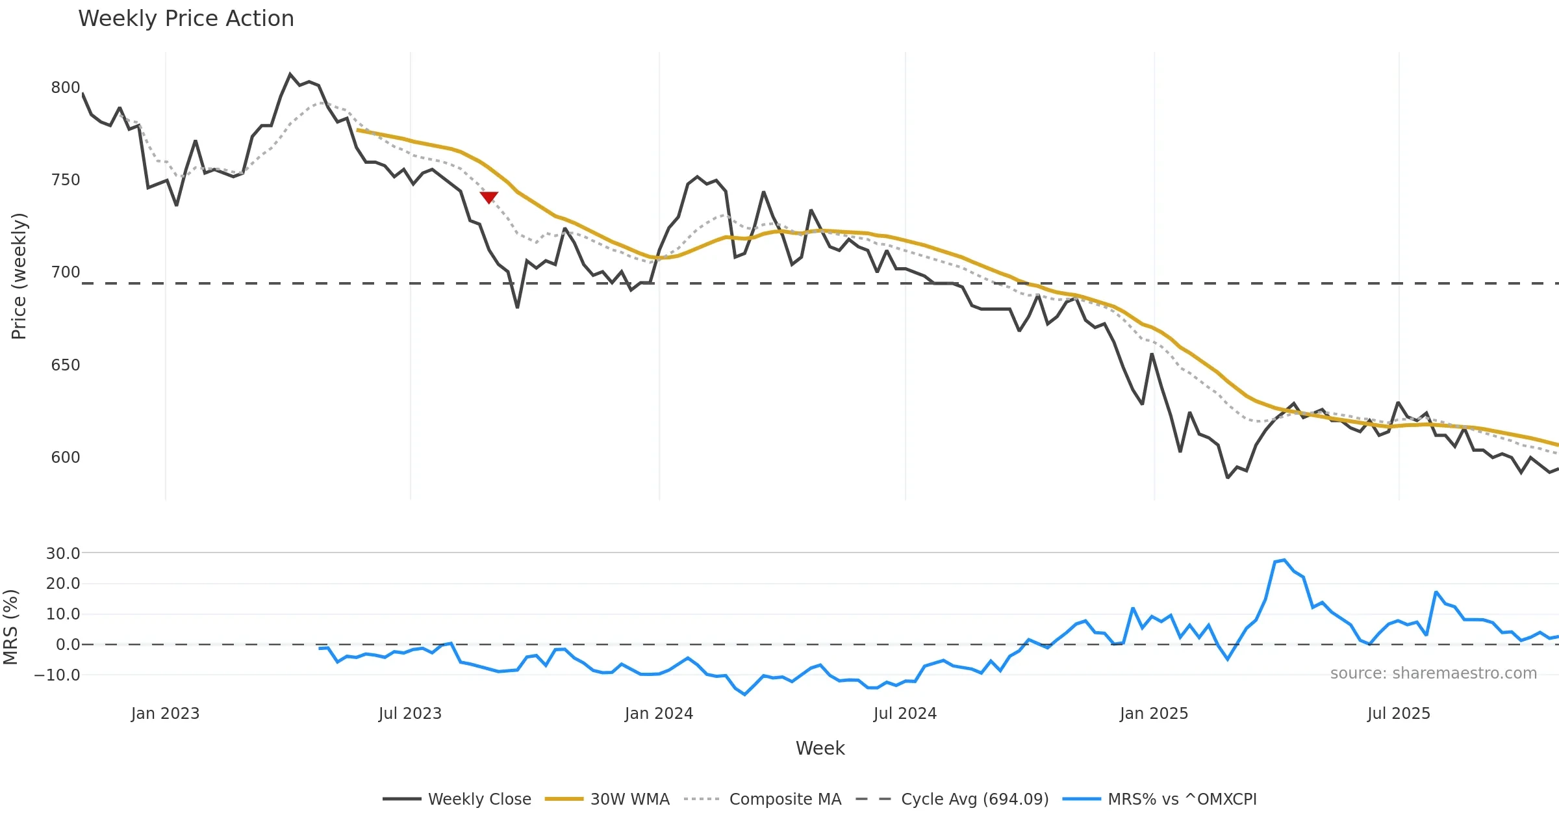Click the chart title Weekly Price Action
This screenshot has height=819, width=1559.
tap(186, 19)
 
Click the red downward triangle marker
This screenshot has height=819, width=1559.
tap(488, 197)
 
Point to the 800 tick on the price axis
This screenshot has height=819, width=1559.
tap(66, 88)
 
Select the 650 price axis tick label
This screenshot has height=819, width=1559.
tap(66, 365)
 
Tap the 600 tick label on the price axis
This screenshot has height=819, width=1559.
tap(66, 457)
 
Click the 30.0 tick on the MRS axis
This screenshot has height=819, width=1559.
tap(63, 553)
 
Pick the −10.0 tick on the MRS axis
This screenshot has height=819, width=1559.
tap(57, 675)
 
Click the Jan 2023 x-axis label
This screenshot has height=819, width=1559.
tap(165, 713)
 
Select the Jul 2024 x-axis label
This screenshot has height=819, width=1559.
tap(905, 713)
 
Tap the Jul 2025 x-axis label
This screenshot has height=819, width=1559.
tap(1399, 713)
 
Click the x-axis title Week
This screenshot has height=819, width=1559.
tap(820, 748)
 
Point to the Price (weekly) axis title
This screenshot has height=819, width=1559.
tap(19, 276)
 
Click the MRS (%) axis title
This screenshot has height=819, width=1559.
tap(11, 627)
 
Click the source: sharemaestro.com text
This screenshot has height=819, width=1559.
tap(1433, 673)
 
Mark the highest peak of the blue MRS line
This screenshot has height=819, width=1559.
tap(1284, 560)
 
